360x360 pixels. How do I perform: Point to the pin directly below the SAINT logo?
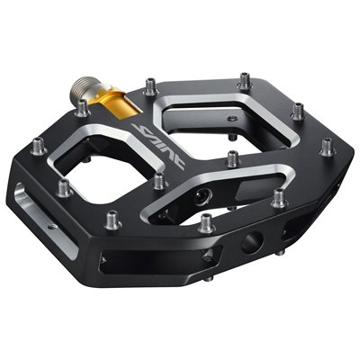coord(159,181)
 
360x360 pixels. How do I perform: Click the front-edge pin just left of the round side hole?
coord(206,221)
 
